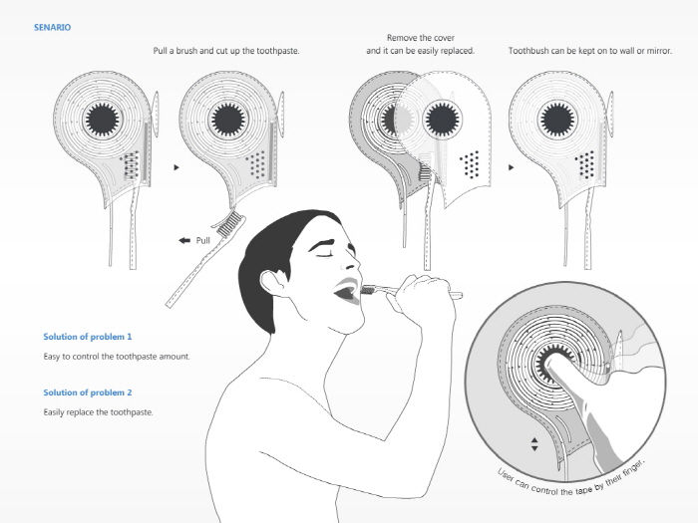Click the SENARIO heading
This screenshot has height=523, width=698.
pyautogui.click(x=52, y=27)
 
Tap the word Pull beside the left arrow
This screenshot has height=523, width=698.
pyautogui.click(x=203, y=240)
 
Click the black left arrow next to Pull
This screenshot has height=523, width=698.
pyautogui.click(x=184, y=240)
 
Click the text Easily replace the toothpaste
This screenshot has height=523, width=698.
pyautogui.click(x=99, y=411)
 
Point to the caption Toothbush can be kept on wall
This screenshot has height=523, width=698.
pyautogui.click(x=589, y=50)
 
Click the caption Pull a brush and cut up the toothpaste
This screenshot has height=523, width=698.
pyautogui.click(x=226, y=50)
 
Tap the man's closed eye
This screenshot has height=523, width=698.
pyautogui.click(x=325, y=254)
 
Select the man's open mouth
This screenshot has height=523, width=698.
pyautogui.click(x=346, y=293)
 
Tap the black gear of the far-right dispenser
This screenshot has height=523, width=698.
pyautogui.click(x=558, y=120)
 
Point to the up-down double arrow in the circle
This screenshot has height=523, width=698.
pyautogui.click(x=534, y=443)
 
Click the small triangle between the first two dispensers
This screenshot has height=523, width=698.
pyautogui.click(x=175, y=168)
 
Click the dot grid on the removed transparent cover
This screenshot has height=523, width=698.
pyautogui.click(x=471, y=162)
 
